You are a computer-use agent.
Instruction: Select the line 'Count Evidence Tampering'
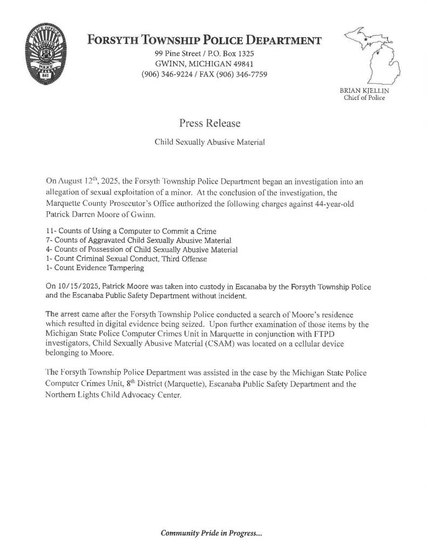point(98,267)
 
